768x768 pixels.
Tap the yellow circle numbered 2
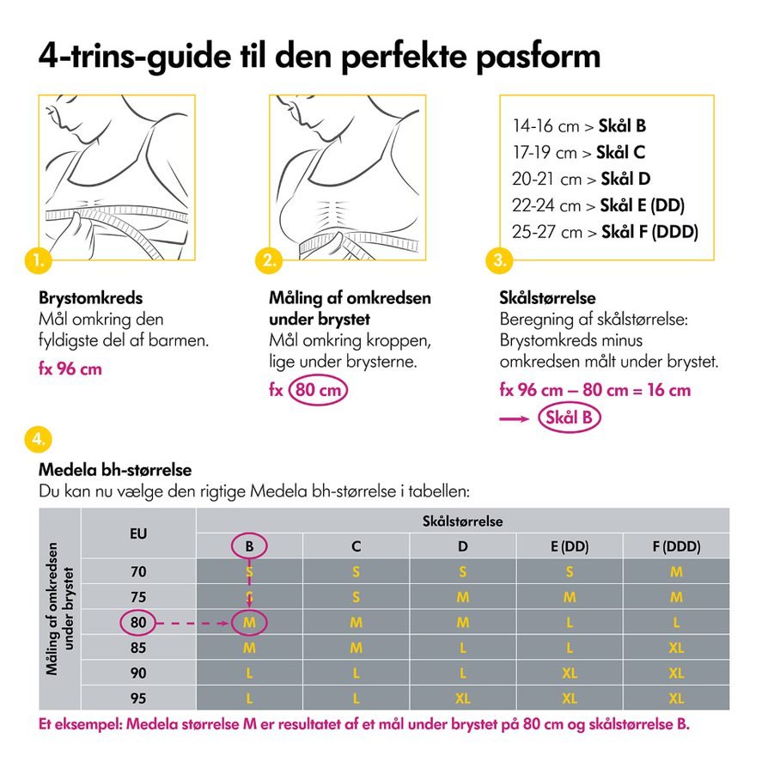[269, 258]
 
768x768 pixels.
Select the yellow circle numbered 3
[500, 258]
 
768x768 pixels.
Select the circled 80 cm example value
[319, 389]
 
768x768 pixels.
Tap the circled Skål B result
[569, 418]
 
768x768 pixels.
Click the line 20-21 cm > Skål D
[581, 179]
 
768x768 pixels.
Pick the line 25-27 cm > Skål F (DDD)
[605, 232]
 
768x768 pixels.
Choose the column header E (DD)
[569, 546]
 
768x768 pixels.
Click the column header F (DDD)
[675, 546]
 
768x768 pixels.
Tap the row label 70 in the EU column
[138, 571]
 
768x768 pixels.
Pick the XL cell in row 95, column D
[462, 698]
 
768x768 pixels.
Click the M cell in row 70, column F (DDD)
[675, 571]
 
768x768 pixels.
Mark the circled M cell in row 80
[249, 621]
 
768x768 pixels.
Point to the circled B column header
[249, 546]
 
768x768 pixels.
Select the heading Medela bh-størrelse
[114, 471]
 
